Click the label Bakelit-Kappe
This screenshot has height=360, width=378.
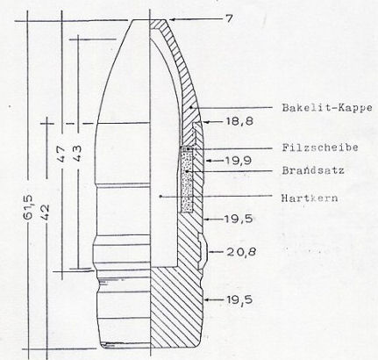tap(327, 108)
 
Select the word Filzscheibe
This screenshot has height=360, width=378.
tap(320, 148)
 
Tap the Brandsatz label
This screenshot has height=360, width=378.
tap(313, 170)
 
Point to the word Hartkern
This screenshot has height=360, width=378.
tap(310, 198)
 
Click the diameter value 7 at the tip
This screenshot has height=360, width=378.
tap(229, 18)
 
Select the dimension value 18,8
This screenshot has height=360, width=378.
tap(239, 121)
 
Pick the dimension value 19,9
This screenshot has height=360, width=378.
tap(239, 161)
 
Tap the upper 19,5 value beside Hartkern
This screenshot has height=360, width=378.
tap(239, 219)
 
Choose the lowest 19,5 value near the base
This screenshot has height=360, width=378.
tap(239, 299)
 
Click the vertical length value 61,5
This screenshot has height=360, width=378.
tap(28, 207)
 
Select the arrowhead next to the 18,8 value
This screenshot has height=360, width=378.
tap(206, 122)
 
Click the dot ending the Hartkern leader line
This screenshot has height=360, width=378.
tap(160, 197)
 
